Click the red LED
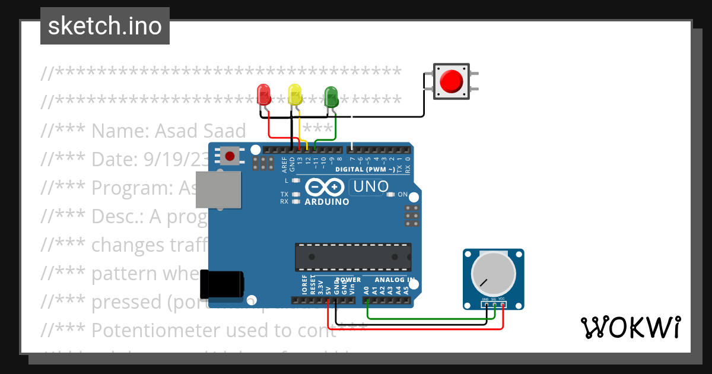click(263, 94)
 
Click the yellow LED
click(295, 94)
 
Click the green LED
click(331, 96)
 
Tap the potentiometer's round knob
click(493, 274)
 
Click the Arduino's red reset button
click(230, 156)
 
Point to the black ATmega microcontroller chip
click(353, 256)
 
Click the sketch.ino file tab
click(105, 26)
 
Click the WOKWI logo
click(630, 327)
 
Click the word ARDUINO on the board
click(327, 202)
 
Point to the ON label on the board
click(403, 195)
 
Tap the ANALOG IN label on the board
click(394, 280)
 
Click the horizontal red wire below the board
click(415, 329)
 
